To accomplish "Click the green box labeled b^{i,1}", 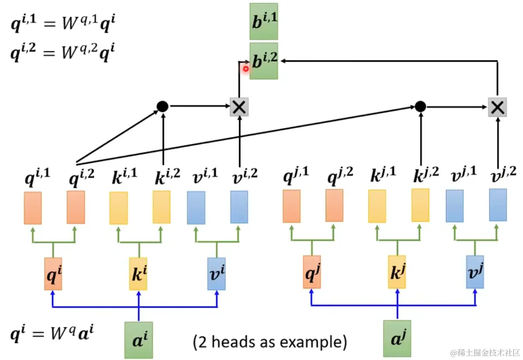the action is (x=263, y=22).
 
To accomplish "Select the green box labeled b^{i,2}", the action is (x=263, y=61).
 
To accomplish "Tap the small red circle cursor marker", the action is (x=246, y=69).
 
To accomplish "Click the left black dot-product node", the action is (x=162, y=106).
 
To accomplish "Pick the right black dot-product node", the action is (x=420, y=106).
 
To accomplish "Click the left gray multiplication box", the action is (x=239, y=107).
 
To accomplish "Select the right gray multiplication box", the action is (x=497, y=107).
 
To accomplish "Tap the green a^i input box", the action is (x=139, y=340).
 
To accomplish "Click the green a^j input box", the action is (x=397, y=339).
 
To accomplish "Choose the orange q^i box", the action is (x=53, y=274).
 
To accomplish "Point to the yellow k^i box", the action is (x=138, y=274).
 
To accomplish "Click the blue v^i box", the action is (x=217, y=274).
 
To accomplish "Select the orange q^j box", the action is (x=312, y=272).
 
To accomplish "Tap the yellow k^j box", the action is (x=397, y=272).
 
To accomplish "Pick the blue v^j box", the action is (x=475, y=272).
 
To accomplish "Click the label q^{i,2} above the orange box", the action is (x=82, y=177).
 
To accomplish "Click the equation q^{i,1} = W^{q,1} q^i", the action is (x=63, y=23).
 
